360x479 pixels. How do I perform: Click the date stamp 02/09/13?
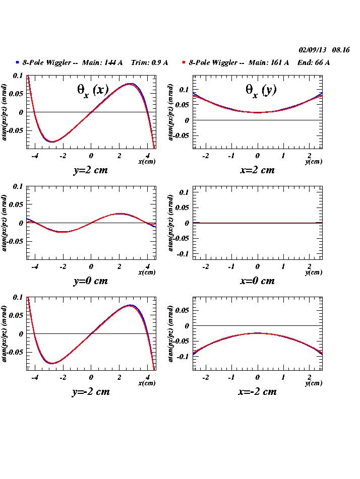click(313, 50)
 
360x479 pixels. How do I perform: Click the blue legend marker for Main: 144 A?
click(17, 62)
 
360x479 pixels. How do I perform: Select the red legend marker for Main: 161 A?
click(184, 62)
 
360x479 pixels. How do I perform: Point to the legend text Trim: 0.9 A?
click(149, 62)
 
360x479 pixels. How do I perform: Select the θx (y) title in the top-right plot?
click(261, 90)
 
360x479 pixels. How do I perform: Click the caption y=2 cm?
click(90, 170)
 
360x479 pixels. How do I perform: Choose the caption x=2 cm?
click(257, 170)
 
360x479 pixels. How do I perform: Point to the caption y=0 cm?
click(90, 281)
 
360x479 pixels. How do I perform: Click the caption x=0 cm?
click(257, 281)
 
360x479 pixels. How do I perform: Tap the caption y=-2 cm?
click(90, 391)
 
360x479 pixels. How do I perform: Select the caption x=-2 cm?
click(257, 391)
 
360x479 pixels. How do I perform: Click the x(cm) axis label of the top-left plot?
click(147, 162)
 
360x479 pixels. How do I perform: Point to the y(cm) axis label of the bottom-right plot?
click(314, 383)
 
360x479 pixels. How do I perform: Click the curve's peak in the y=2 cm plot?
click(130, 84)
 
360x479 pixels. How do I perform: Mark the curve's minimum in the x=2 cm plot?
click(258, 112)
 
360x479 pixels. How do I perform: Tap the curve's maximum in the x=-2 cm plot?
click(258, 333)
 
